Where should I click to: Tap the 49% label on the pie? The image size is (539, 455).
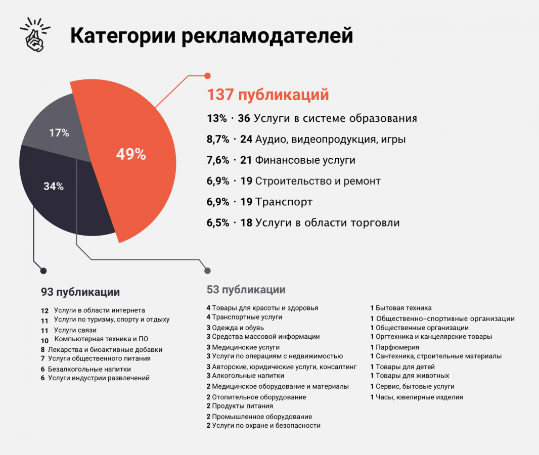point(131,154)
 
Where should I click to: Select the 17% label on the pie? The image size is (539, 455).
point(59,133)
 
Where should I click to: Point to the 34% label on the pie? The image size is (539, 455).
point(54,186)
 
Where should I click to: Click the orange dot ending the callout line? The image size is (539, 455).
point(207,76)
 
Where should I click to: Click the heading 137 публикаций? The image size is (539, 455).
point(268,95)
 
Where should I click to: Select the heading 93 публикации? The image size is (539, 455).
point(80,292)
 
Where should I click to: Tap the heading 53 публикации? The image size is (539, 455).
point(246,290)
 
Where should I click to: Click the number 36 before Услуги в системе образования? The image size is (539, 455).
point(244,118)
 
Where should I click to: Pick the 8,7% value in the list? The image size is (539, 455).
point(218,140)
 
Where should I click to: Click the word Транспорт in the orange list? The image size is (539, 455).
point(284,202)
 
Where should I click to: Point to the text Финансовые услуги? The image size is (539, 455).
point(305,160)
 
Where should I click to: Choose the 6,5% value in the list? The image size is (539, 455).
point(218,222)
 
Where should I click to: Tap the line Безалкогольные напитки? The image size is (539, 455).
point(89,369)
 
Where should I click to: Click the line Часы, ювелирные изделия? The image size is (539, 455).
point(419,397)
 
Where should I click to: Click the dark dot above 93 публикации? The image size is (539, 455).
point(43,271)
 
